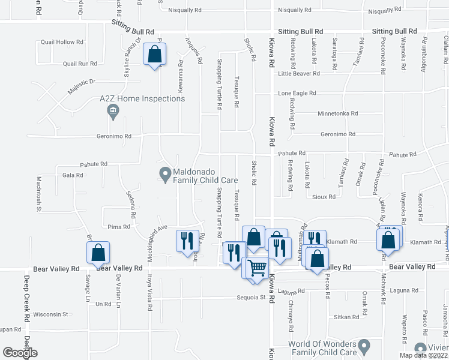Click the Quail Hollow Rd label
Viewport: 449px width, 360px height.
click(x=61, y=42)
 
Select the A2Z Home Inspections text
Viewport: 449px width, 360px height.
click(x=142, y=98)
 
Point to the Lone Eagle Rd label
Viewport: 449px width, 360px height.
click(x=297, y=94)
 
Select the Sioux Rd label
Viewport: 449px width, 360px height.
click(x=323, y=196)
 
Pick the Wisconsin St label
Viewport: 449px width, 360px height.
click(x=50, y=314)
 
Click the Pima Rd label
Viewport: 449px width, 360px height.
click(x=118, y=227)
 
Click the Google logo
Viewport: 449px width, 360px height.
click(x=20, y=353)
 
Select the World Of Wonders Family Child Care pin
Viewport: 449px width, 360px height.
click(x=364, y=346)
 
